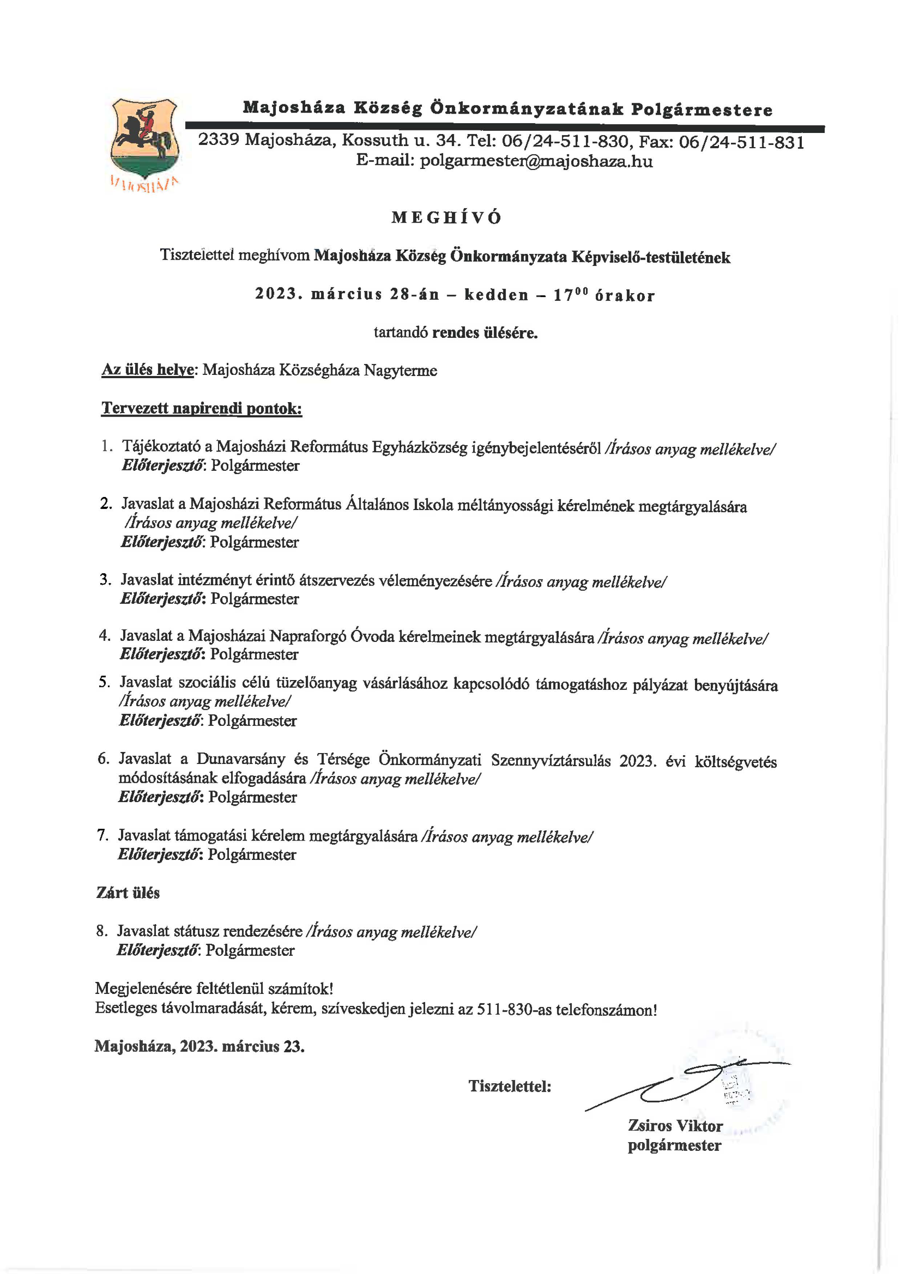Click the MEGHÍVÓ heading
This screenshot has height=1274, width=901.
(x=447, y=218)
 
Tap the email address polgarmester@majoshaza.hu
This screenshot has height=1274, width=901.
(x=536, y=161)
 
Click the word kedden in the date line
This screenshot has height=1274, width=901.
(x=496, y=295)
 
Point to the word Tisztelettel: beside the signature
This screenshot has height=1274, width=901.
(x=510, y=1086)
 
